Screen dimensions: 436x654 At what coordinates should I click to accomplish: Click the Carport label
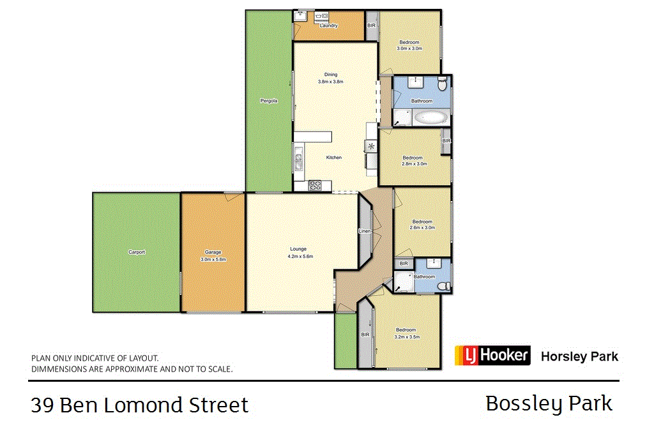click(137, 252)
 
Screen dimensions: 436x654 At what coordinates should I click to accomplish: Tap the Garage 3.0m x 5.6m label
click(213, 256)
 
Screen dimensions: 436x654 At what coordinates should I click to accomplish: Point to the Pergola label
click(269, 101)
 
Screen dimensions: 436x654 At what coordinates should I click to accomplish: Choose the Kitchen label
click(334, 158)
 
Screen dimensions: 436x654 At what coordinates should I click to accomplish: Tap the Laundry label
click(329, 26)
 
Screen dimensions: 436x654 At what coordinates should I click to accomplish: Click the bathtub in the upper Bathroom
click(431, 117)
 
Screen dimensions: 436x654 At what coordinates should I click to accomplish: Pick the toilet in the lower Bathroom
click(445, 286)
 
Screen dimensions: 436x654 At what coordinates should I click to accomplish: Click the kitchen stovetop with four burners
click(315, 186)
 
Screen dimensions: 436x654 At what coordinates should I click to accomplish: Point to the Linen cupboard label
click(365, 231)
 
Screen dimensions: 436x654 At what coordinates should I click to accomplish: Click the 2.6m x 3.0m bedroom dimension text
click(422, 228)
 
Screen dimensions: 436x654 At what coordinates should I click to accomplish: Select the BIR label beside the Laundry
click(371, 26)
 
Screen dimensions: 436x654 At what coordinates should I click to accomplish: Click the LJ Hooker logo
click(492, 355)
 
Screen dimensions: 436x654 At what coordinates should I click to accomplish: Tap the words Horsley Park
click(579, 356)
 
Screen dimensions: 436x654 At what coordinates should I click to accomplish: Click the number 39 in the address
click(42, 405)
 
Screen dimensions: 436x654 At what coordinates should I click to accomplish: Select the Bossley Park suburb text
click(549, 404)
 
